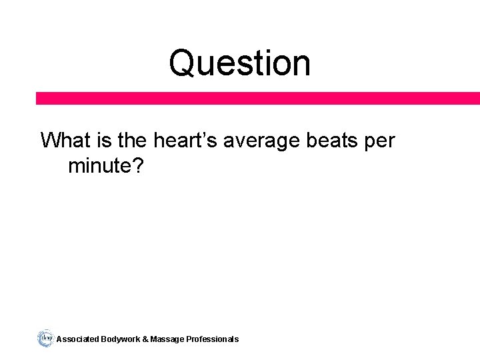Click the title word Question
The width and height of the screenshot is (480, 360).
[239, 63]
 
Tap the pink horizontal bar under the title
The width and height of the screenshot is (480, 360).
[258, 98]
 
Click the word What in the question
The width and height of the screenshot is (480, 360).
[65, 141]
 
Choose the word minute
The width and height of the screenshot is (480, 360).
[99, 166]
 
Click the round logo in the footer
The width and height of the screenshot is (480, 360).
[45, 338]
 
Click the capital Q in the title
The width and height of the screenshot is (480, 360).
[181, 63]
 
